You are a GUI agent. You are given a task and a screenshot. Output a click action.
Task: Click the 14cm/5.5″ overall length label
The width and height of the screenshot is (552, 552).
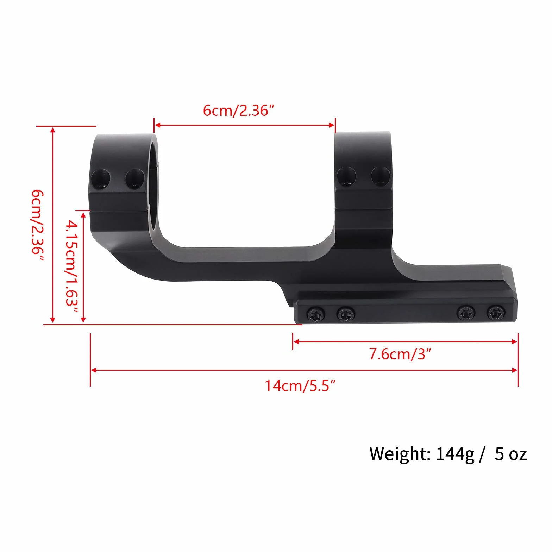300,386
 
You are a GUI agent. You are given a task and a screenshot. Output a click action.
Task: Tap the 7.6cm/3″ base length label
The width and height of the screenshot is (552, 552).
400,354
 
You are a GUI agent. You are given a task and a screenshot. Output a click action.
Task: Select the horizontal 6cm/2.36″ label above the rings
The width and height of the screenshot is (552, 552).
238,110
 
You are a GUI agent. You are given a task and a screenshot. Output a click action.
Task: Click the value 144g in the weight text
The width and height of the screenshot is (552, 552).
455,454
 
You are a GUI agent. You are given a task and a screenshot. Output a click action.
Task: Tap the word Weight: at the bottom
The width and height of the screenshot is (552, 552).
400,454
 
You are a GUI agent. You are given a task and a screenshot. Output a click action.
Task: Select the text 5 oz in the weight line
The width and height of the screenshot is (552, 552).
511,454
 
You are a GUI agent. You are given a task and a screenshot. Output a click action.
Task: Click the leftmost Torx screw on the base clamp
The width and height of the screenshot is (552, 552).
316,313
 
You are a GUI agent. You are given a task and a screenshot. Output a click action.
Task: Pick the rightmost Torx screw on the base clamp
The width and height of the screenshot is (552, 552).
496,313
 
